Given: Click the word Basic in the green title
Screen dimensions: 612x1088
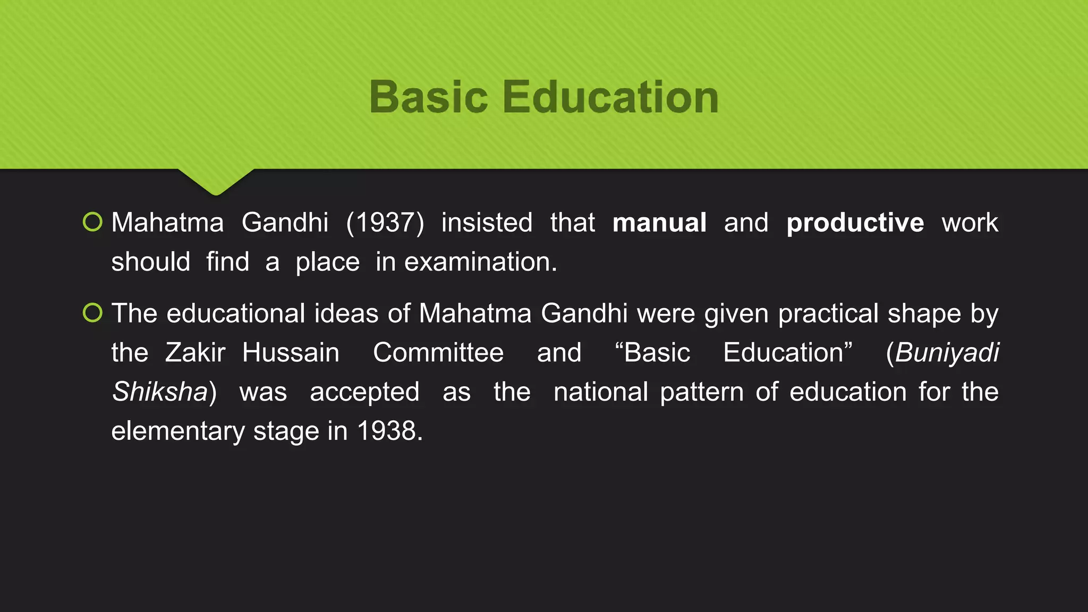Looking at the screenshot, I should click(428, 97).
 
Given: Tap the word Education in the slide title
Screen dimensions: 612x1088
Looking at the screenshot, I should click(610, 97).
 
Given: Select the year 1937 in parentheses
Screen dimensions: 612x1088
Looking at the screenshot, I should click(385, 223).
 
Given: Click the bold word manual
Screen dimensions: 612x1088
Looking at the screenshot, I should click(659, 223).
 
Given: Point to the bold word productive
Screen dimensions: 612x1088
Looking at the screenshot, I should click(855, 223).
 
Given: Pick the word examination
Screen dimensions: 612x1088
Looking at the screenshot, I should click(480, 262).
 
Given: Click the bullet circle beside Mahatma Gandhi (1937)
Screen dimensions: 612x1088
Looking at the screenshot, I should click(92, 222).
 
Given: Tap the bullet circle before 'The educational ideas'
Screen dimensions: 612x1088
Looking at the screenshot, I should click(92, 313).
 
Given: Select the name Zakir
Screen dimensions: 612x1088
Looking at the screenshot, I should click(195, 353).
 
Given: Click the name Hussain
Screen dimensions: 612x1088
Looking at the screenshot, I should click(291, 353).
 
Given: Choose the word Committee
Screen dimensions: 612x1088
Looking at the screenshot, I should click(438, 353).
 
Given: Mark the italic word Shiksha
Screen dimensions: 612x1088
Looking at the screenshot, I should click(160, 392).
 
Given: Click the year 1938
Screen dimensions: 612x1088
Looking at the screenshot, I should click(389, 431).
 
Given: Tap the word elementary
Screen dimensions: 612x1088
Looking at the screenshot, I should click(178, 431).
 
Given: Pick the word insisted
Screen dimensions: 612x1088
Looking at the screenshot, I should click(487, 223).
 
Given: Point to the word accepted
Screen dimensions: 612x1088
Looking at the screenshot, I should click(364, 392).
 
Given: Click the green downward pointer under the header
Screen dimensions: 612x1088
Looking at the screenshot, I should click(216, 181).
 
